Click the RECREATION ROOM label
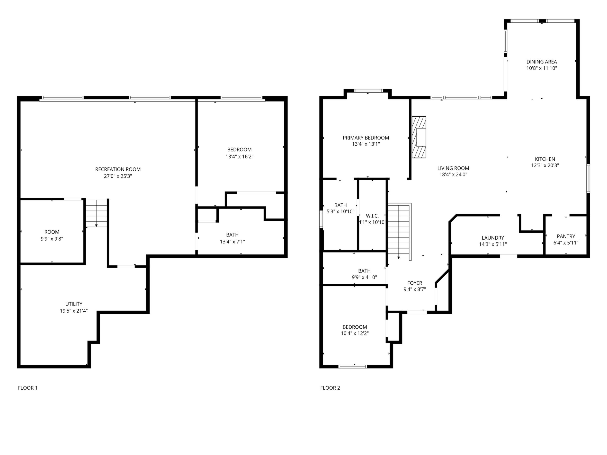[118, 169]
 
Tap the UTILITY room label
[74, 304]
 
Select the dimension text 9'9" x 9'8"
[52, 239]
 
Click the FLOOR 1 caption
[28, 388]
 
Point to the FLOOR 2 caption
[330, 388]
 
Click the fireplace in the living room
[419, 137]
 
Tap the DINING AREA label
[542, 62]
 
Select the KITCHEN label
[545, 159]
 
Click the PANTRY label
[566, 236]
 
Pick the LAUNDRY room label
[493, 238]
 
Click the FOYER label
[415, 283]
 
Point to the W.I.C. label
[372, 216]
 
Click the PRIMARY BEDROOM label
[366, 138]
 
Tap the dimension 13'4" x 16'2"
[239, 157]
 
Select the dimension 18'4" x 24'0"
[453, 175]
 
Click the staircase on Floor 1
[96, 213]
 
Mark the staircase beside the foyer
[399, 231]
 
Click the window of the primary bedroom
[368, 91]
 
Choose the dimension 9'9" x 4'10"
[365, 277]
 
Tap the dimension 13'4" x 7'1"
[232, 242]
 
